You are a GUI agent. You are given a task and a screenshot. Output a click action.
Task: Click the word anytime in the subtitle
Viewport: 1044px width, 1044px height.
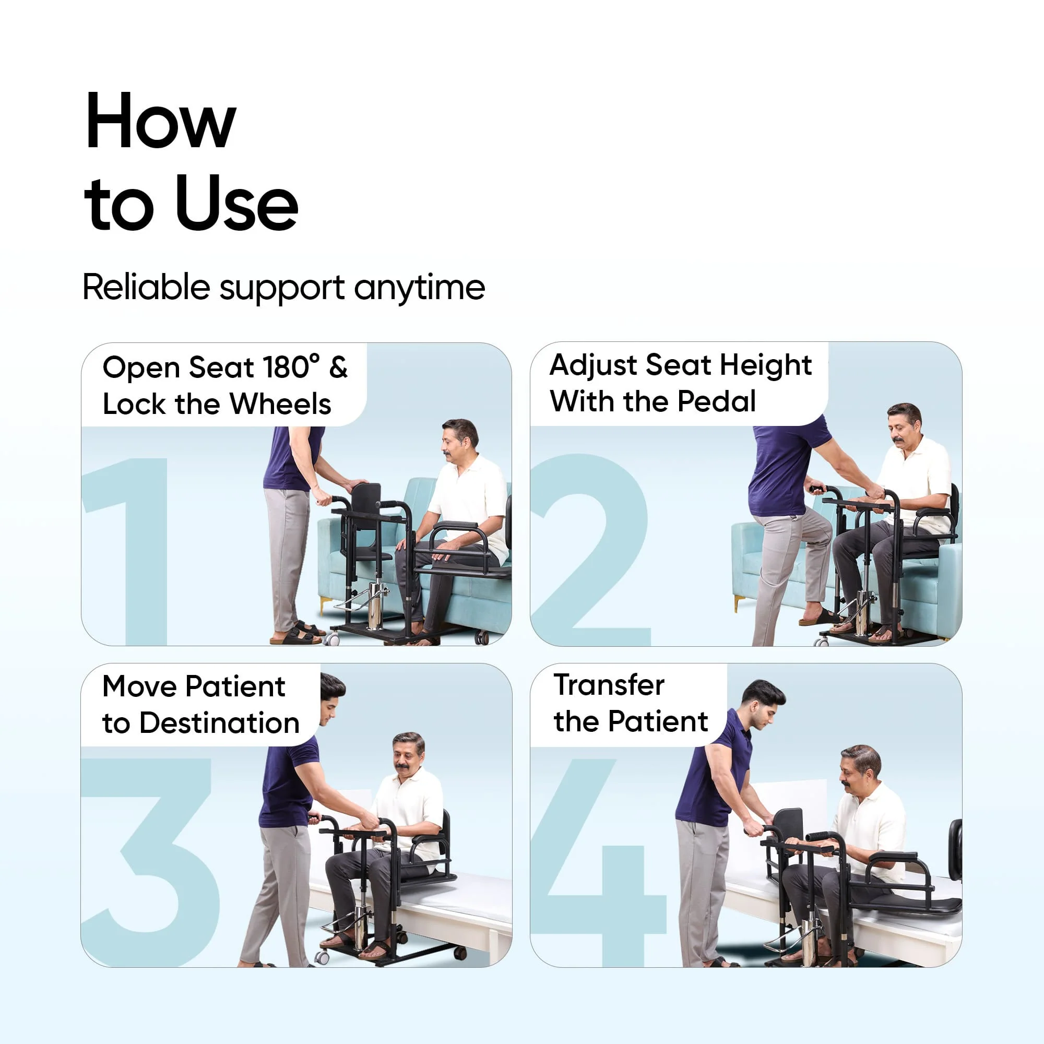click(x=419, y=287)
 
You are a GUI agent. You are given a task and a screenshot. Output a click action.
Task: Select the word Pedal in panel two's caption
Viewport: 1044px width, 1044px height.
click(x=716, y=401)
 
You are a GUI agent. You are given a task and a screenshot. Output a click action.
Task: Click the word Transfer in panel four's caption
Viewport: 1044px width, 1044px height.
click(x=609, y=685)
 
